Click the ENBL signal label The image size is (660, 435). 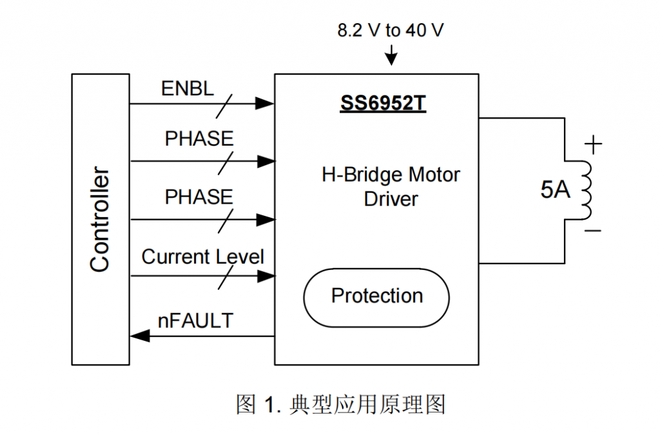point(187,89)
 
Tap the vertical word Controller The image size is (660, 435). point(100,219)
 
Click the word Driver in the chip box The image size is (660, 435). point(391,198)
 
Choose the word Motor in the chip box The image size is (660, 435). point(435,175)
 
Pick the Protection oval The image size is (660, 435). point(376,296)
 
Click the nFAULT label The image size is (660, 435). point(195,320)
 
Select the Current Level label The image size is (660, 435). point(202,257)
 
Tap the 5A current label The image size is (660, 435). point(555,190)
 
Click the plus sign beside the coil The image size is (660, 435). point(594,144)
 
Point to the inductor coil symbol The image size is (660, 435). point(585,190)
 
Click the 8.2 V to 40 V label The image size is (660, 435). point(391,30)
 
